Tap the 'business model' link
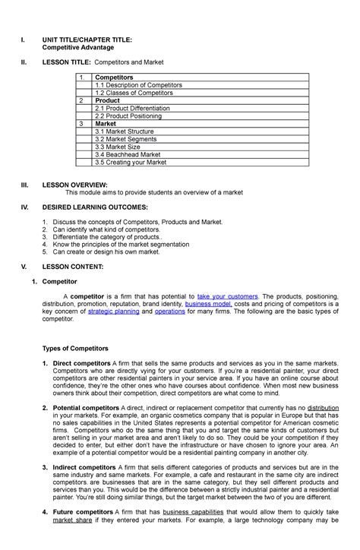209,303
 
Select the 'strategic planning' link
109,311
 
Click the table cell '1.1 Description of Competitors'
137,85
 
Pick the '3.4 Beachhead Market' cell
128,154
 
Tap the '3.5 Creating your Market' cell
130,162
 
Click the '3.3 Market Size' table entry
118,147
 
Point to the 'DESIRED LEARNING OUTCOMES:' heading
95,207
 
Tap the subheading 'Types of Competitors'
81,348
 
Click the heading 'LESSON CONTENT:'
71,267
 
